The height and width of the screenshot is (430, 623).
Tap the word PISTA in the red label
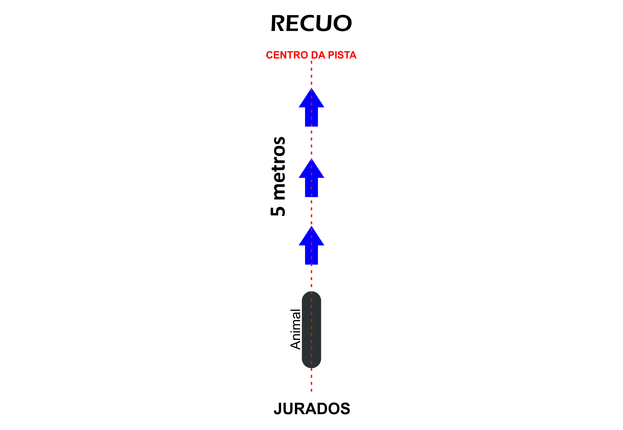(x=342, y=55)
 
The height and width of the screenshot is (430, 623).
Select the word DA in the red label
(x=318, y=55)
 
